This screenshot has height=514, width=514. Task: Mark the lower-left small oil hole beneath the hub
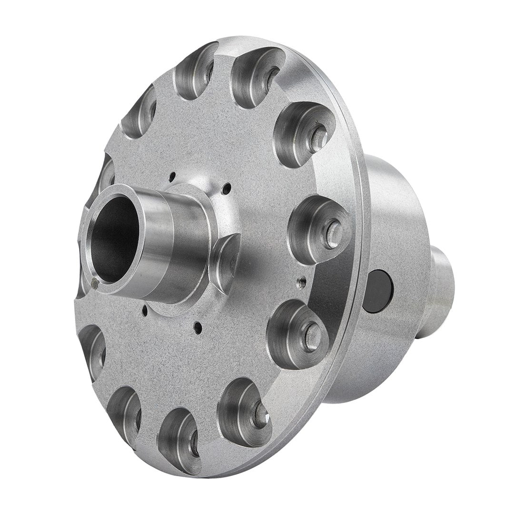[144, 314]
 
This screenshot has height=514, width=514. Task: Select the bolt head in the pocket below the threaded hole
[312, 329]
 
